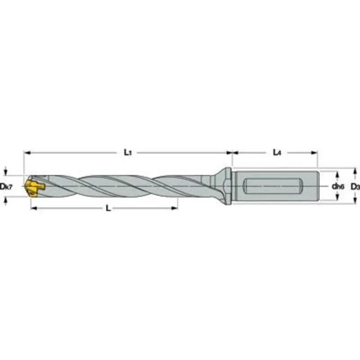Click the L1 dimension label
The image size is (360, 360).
(x=127, y=153)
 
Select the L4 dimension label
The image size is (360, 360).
(x=277, y=153)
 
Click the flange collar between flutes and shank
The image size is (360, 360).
(x=227, y=185)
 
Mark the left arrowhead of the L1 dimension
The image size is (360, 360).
(x=26, y=153)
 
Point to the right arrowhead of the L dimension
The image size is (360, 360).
(x=175, y=208)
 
